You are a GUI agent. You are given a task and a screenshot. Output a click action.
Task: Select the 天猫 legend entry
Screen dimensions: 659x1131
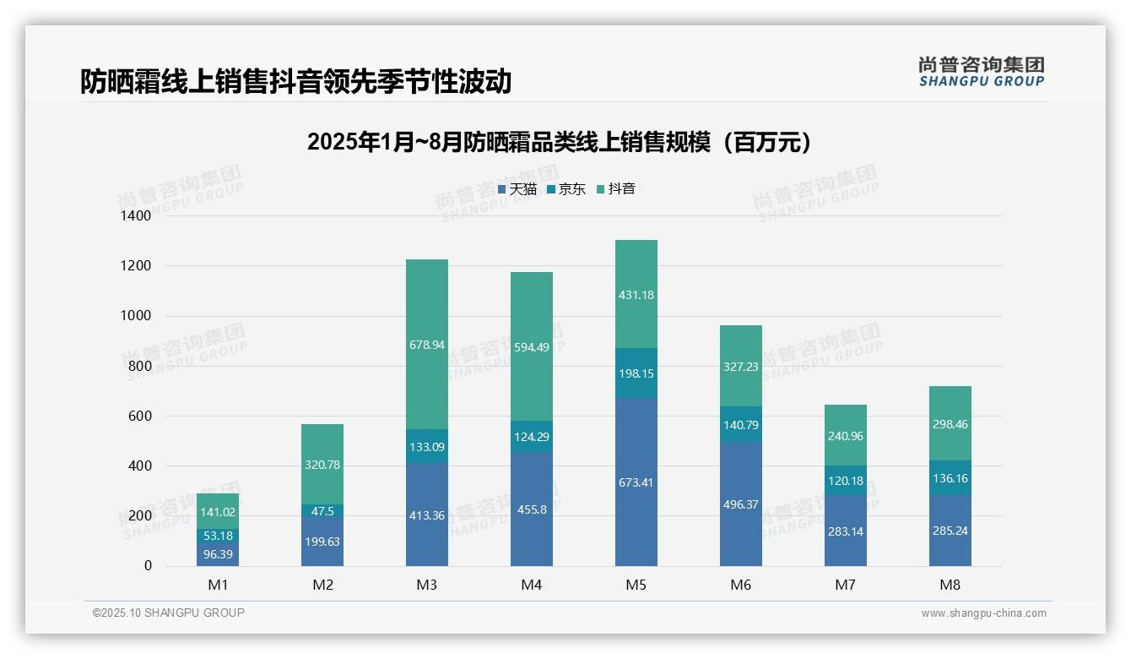click(517, 189)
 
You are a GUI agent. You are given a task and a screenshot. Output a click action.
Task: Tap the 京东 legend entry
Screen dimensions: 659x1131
click(566, 189)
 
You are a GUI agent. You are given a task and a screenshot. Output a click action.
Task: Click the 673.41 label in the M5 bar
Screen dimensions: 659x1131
click(636, 482)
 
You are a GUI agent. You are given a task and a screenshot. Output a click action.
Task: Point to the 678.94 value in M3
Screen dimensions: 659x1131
click(426, 345)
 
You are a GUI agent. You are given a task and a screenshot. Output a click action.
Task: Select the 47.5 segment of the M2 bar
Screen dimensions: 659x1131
click(322, 511)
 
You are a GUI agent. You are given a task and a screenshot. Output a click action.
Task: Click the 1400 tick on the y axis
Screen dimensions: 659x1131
click(136, 216)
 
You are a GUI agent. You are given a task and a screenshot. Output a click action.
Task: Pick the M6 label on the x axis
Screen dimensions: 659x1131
click(741, 585)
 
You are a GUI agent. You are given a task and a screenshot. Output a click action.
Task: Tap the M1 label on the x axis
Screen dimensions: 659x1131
click(218, 585)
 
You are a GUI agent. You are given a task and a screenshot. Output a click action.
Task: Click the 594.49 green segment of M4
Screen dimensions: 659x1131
click(531, 347)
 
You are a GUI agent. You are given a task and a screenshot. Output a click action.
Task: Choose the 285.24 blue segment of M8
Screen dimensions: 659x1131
click(950, 531)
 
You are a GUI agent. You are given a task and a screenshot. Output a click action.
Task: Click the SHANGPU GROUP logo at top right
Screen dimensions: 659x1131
click(981, 72)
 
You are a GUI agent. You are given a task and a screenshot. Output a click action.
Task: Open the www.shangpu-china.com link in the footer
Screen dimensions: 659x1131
click(983, 613)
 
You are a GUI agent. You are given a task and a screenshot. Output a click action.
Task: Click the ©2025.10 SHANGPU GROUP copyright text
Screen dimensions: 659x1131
click(169, 613)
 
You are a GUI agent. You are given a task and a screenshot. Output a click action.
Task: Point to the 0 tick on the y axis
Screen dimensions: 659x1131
click(148, 566)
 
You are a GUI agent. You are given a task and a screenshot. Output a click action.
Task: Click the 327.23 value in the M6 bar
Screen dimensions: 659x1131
click(740, 367)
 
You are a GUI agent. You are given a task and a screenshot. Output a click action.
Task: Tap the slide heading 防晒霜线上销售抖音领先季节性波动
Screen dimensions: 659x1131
click(295, 82)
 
